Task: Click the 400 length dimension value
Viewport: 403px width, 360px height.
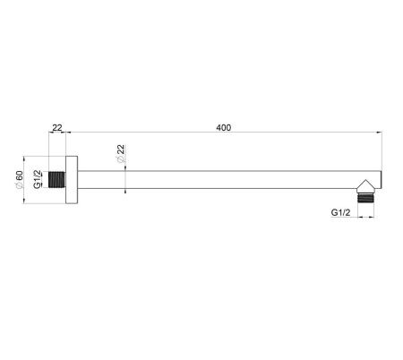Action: pyautogui.click(x=223, y=128)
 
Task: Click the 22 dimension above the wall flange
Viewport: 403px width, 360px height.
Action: pyautogui.click(x=57, y=128)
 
